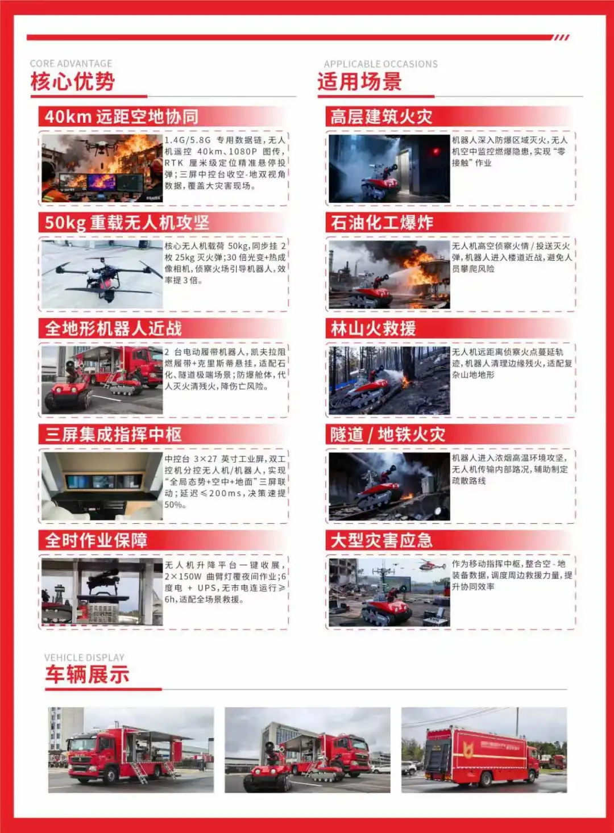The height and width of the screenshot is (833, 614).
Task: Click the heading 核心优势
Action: [73, 81]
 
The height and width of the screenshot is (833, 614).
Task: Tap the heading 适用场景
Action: [359, 81]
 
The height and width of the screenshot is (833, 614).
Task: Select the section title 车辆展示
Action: [87, 673]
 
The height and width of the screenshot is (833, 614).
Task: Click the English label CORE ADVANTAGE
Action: [71, 63]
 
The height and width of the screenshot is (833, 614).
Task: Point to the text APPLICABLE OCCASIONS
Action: [381, 64]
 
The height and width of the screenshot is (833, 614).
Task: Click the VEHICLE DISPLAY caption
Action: [85, 657]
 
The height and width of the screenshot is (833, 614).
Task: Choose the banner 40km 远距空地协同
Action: [163, 117]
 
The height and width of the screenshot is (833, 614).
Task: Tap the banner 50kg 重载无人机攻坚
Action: [163, 222]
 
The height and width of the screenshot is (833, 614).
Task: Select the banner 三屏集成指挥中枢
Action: [163, 434]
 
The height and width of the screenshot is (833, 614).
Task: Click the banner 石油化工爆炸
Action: [450, 222]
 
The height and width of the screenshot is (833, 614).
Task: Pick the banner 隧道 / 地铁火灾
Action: [450, 434]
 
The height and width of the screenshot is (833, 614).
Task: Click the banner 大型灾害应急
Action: [450, 540]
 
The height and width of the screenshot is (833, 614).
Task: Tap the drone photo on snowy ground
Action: [102, 274]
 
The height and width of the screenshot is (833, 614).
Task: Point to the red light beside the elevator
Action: [435, 151]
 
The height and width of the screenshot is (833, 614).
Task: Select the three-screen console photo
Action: [102, 486]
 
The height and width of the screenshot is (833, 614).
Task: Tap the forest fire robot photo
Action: [389, 381]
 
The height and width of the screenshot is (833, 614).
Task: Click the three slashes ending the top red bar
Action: [561, 38]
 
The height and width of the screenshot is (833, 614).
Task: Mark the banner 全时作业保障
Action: [163, 540]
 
